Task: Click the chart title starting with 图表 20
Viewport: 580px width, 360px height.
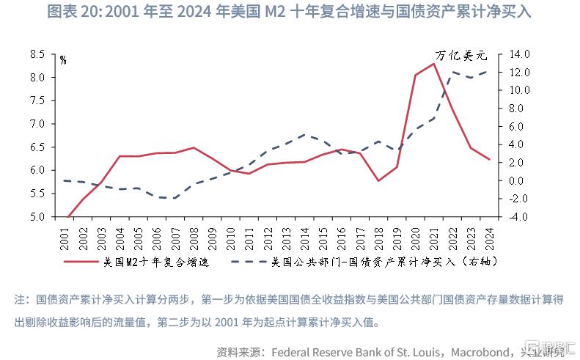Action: (289, 12)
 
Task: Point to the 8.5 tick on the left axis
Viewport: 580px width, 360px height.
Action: (37, 54)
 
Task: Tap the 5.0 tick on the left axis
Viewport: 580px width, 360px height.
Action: (37, 217)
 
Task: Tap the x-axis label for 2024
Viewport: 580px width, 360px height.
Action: (489, 236)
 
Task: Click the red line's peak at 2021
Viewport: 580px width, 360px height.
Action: (433, 64)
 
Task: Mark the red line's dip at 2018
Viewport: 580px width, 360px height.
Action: (378, 180)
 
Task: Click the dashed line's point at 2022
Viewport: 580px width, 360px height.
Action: (452, 72)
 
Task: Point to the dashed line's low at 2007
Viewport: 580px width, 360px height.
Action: (175, 198)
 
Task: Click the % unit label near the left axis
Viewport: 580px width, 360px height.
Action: (63, 60)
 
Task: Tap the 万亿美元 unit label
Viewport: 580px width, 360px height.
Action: (461, 56)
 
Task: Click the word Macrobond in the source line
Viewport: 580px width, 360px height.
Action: (481, 351)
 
